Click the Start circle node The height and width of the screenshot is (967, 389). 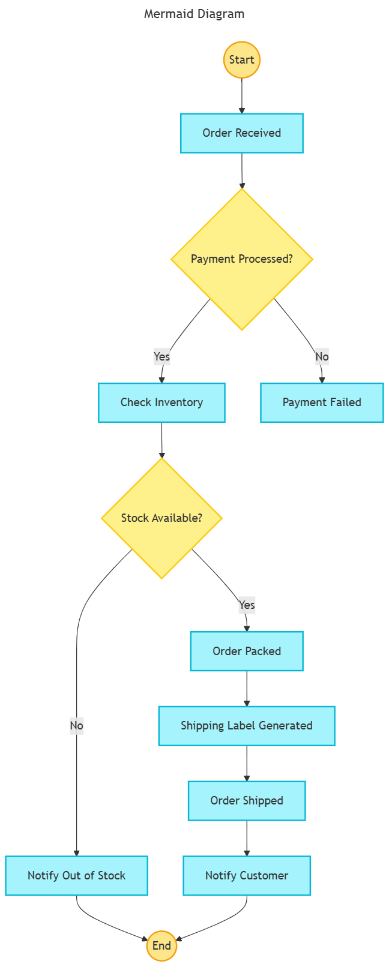242,60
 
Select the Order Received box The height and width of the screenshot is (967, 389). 242,133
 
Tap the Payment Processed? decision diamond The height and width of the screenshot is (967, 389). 242,259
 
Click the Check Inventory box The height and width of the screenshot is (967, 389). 161,403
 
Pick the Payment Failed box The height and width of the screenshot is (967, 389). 322,403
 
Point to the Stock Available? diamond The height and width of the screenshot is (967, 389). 161,518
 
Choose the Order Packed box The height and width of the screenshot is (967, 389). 247,651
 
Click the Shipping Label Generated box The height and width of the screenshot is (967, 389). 247,726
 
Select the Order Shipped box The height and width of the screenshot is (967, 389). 247,801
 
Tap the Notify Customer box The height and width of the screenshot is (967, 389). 247,876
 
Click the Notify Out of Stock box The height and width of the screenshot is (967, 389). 77,876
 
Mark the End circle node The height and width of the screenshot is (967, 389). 161,946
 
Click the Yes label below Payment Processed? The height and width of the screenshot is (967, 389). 161,357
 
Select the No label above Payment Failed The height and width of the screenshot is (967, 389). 322,357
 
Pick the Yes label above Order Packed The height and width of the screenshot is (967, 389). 247,605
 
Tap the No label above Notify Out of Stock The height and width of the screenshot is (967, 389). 77,726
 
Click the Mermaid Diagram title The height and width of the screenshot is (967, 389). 194,14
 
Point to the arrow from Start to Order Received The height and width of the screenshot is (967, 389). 242,96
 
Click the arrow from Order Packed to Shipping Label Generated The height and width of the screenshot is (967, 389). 247,689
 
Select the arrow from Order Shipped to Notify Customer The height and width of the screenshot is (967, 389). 247,838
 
